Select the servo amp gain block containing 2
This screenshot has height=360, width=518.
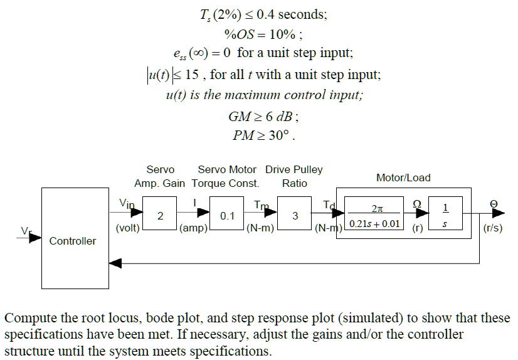click(160, 215)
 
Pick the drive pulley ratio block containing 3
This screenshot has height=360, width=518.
click(295, 215)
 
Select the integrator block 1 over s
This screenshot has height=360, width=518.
click(445, 215)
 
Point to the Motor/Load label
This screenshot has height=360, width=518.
click(403, 177)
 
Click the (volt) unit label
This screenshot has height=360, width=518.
click(128, 228)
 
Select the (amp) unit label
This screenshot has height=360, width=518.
click(193, 228)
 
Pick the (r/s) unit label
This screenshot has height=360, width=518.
click(494, 228)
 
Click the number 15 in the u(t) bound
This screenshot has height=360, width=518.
click(192, 75)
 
